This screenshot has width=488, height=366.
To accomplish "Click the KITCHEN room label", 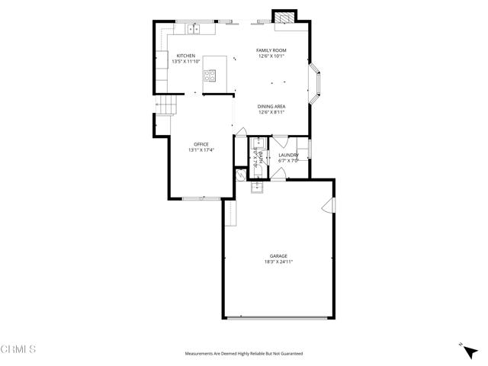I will (187, 56).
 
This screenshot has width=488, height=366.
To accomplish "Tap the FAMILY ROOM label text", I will (272, 50).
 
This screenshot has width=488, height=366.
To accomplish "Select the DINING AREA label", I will (272, 108).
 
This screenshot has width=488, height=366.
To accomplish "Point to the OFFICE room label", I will (201, 144).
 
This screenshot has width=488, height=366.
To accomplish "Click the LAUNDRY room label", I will (289, 156).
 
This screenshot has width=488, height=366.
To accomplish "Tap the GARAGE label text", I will (278, 256).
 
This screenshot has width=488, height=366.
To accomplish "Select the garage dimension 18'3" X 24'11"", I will (278, 262).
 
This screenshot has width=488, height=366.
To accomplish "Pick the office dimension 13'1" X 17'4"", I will (201, 150).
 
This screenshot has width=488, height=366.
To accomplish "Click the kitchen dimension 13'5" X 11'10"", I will (187, 62).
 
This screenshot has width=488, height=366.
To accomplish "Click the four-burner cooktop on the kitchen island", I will (210, 75).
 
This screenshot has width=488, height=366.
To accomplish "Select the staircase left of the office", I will (167, 104).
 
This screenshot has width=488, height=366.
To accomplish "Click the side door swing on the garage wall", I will (329, 206).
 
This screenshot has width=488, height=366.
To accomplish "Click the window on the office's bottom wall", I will (202, 198).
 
